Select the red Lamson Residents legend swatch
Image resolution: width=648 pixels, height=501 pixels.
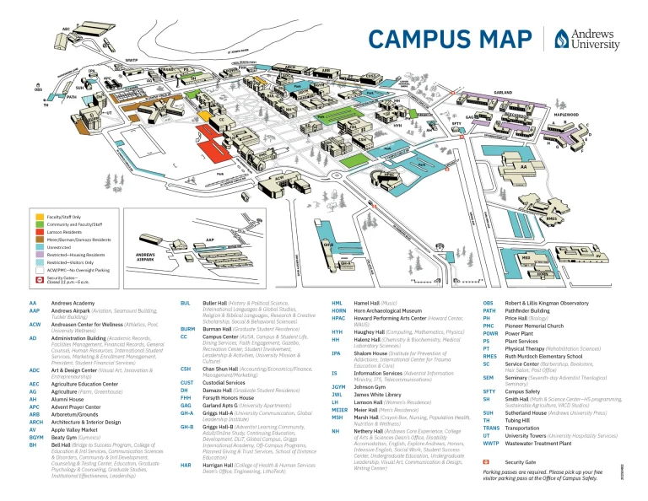[40, 232]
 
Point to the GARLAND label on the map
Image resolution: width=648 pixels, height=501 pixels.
[504, 92]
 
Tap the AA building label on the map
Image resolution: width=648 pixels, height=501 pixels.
[523, 167]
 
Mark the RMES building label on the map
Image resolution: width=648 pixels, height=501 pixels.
[553, 218]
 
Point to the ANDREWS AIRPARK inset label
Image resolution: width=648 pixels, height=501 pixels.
[121, 256]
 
